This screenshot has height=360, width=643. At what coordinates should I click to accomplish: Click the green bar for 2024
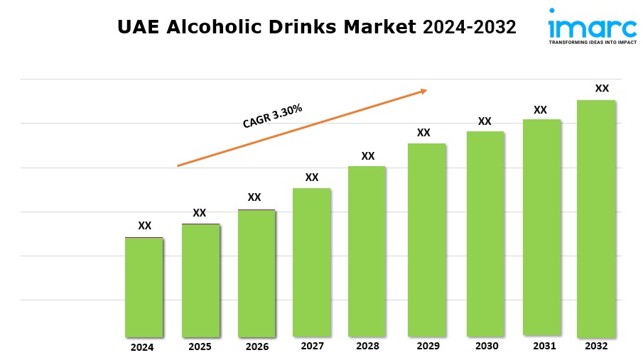click(x=144, y=287)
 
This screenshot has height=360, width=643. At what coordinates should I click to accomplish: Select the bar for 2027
click(x=311, y=262)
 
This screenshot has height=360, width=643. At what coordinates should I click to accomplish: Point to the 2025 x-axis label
click(x=200, y=347)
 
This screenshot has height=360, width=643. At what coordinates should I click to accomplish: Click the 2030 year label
click(x=486, y=346)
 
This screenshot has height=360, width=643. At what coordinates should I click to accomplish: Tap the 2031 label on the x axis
click(x=541, y=346)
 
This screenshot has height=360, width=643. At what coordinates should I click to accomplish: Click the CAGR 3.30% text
click(x=273, y=116)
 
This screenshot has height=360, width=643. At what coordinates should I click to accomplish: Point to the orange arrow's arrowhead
click(x=423, y=90)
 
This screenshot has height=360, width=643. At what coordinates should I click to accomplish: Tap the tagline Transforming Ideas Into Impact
click(x=592, y=43)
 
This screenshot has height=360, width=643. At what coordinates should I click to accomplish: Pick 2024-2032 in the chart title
click(x=470, y=27)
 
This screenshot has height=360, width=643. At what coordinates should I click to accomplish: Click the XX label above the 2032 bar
click(x=602, y=89)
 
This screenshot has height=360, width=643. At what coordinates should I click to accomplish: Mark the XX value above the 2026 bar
click(x=254, y=197)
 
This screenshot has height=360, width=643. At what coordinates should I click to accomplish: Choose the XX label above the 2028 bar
click(x=367, y=156)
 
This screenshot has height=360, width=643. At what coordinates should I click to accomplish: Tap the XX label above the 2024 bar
click(x=144, y=226)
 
